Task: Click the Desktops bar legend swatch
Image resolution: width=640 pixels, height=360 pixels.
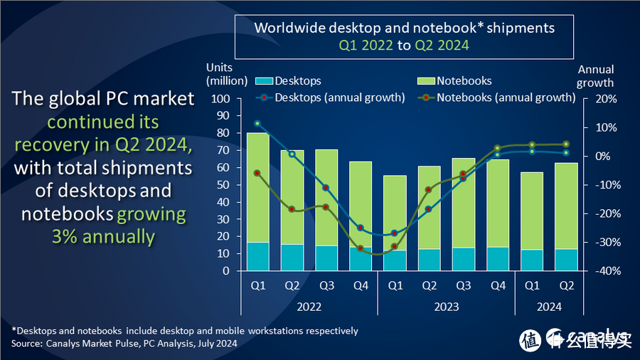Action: click(x=263, y=81)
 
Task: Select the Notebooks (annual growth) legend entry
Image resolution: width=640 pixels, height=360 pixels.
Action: click(x=506, y=97)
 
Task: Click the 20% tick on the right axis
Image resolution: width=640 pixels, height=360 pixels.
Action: click(x=602, y=99)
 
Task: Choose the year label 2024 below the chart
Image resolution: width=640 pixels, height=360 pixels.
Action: click(x=549, y=307)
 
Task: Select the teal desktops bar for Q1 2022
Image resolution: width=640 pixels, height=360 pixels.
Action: click(x=258, y=256)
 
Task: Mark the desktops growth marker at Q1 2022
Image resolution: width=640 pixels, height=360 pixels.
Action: click(x=257, y=123)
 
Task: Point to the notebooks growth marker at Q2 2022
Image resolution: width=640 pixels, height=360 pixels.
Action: click(x=292, y=209)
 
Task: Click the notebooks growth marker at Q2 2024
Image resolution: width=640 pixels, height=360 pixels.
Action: click(x=567, y=144)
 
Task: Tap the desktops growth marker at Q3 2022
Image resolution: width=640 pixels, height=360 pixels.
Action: click(x=326, y=188)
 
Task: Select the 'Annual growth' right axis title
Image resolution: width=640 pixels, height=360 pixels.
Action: click(x=595, y=76)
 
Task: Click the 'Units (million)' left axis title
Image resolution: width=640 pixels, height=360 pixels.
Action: click(x=226, y=74)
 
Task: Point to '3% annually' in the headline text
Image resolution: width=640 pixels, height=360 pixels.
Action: click(x=103, y=236)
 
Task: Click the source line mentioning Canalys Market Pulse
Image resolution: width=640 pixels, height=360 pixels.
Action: click(x=124, y=344)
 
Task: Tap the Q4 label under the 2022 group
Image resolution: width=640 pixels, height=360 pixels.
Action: click(x=361, y=285)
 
